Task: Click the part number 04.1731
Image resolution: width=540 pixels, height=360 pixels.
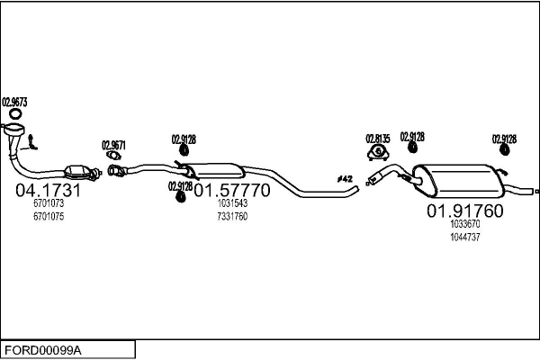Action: pos(48,190)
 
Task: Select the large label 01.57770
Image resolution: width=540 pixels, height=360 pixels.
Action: pos(232,190)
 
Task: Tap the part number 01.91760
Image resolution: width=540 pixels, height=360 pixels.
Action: pos(465,211)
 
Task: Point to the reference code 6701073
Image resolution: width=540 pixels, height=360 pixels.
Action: pos(49,203)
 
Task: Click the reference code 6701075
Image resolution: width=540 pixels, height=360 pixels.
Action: pos(49,216)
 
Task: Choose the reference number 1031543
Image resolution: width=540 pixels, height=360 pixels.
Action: pos(232,203)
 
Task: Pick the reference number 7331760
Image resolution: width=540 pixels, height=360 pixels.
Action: pos(232,216)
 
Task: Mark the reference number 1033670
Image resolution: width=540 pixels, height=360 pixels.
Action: pos(465,224)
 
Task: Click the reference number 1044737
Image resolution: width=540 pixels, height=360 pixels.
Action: pos(465,237)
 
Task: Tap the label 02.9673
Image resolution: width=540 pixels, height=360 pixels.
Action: pos(14,103)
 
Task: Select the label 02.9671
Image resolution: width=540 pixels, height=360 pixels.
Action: pos(113,145)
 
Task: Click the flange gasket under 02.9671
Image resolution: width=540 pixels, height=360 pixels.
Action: pos(113,156)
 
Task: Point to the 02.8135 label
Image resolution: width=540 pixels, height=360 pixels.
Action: pos(378,139)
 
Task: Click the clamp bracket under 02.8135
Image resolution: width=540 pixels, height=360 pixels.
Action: pos(378,153)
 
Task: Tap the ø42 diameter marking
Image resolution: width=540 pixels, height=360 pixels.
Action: pos(345,179)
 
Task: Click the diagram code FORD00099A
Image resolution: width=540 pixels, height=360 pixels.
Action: pos(43,351)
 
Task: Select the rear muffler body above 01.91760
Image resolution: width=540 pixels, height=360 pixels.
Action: pos(458,181)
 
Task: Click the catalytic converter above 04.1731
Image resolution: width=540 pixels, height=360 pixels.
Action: pos(77,172)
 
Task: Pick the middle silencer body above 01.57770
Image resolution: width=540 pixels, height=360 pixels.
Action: pos(215,171)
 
